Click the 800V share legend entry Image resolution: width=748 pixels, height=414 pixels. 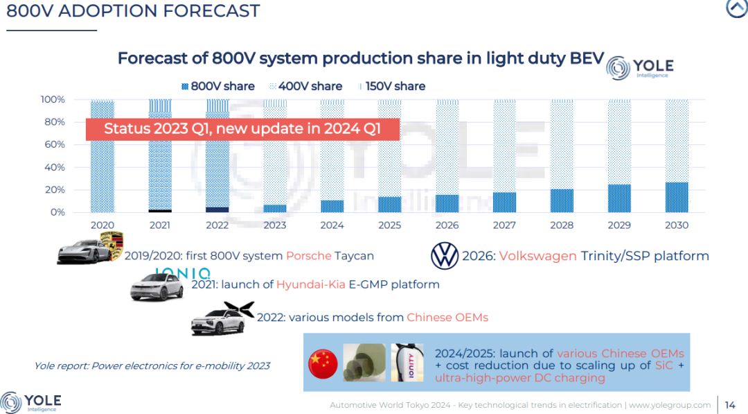(217, 87)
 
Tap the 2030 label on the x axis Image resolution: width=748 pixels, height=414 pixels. (677, 225)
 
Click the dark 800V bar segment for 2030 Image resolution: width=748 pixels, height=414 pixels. (677, 198)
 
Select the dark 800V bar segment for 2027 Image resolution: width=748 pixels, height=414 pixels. (504, 202)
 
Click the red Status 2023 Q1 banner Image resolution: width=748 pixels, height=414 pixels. (242, 129)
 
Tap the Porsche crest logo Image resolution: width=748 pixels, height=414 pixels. (111, 246)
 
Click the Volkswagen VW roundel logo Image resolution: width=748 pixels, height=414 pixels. (445, 256)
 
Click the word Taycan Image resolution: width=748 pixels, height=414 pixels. (354, 256)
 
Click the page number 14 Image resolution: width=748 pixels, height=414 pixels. (730, 405)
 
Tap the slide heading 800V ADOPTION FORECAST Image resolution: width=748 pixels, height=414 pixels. (133, 11)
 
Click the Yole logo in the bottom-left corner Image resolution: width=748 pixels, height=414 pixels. (31, 402)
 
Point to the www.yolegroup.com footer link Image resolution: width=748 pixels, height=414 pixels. (670, 405)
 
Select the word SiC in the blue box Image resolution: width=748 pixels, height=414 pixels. (661, 365)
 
